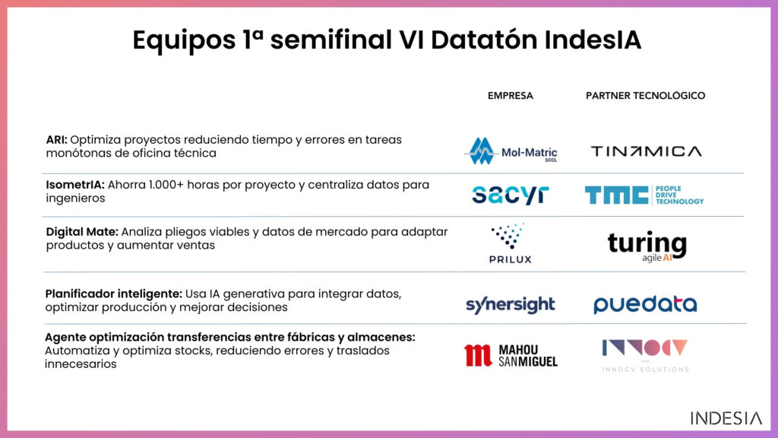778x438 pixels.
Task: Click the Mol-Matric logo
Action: point(511,151)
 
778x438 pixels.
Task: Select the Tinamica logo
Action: point(646,151)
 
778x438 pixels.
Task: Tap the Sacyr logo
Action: point(510,195)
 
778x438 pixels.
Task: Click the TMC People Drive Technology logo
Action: point(644,195)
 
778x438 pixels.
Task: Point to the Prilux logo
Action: point(510,243)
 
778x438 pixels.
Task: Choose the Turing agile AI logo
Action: point(647,246)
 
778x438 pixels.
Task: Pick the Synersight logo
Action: point(510,304)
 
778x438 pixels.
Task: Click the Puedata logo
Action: point(645,304)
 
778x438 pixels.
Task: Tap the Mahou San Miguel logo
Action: point(511,356)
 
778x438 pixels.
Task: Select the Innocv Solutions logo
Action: point(645,356)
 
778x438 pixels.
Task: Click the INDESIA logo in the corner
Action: point(726,418)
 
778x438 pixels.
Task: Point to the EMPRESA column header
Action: point(510,96)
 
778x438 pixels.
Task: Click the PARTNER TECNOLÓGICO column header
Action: point(645,95)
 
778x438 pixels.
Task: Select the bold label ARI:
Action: point(56,140)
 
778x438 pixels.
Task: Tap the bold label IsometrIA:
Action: point(75,185)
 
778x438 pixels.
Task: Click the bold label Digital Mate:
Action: point(82,232)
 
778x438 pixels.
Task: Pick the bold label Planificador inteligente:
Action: point(114,294)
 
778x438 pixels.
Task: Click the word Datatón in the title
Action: point(484,40)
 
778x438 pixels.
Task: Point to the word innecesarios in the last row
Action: point(81,364)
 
